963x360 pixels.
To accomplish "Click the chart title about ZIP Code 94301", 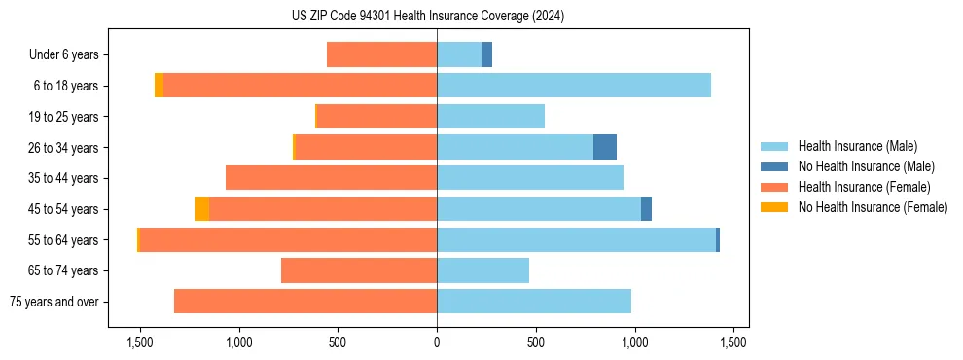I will (x=427, y=17).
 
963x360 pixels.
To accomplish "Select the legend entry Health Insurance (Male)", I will (x=857, y=146).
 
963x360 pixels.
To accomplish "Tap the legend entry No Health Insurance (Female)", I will (x=873, y=207).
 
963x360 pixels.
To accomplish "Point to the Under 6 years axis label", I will (x=63, y=55).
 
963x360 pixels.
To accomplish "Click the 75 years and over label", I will (x=53, y=302).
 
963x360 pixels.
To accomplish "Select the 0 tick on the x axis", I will (x=437, y=342).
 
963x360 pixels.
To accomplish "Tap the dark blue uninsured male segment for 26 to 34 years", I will (x=605, y=147).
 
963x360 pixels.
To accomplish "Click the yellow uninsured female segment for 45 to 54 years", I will (x=201, y=209).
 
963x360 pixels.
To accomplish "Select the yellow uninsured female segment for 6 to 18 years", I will (x=159, y=86).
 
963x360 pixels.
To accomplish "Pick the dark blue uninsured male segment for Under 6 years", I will (x=486, y=54).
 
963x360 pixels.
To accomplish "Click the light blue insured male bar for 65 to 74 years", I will (x=482, y=270).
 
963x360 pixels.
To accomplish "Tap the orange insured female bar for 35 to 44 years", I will (x=331, y=178).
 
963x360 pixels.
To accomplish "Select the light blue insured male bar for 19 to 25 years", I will (x=490, y=117).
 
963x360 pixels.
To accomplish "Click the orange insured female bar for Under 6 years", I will (x=381, y=54).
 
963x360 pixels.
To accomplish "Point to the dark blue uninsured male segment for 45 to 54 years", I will (x=646, y=209).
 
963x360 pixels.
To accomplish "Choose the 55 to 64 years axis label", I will (x=64, y=240).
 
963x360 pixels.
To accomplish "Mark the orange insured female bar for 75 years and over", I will (x=305, y=302).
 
